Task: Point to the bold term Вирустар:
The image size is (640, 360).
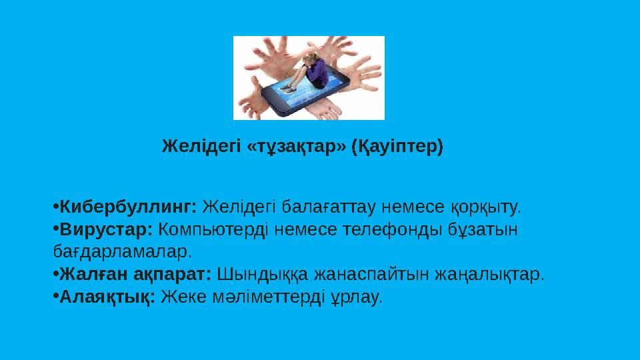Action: [107, 229]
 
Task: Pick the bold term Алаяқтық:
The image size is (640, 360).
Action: [107, 296]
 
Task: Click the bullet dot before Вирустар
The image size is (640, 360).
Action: [55, 229]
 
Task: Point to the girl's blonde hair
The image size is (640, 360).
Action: [308, 58]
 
